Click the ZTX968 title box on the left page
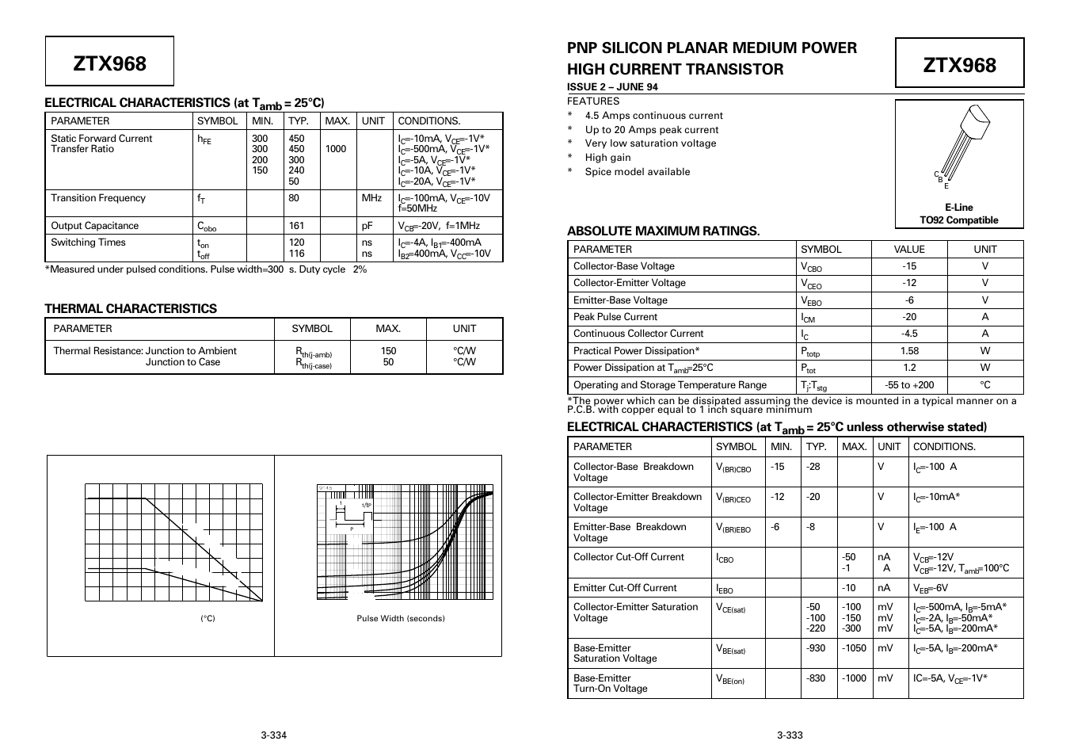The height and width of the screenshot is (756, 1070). click(x=109, y=62)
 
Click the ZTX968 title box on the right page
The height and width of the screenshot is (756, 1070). click(x=959, y=63)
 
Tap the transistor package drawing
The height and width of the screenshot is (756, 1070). click(x=961, y=146)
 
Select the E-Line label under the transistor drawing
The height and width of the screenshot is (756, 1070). click(x=958, y=208)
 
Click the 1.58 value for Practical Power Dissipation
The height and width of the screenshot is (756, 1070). click(x=909, y=351)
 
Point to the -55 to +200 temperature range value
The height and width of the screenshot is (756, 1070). click(x=909, y=385)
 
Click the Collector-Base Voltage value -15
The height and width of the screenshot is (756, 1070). click(x=909, y=266)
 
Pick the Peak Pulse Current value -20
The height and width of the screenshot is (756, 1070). click(x=909, y=317)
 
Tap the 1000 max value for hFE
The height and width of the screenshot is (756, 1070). click(x=336, y=149)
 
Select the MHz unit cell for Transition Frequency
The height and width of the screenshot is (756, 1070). click(x=372, y=198)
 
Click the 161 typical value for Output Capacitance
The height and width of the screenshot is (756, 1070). click(x=297, y=226)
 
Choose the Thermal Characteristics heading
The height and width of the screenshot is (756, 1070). click(x=131, y=309)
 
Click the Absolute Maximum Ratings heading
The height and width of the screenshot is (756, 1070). click(x=663, y=231)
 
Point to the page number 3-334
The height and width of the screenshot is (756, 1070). click(x=273, y=735)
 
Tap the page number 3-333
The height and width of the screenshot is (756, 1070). click(x=790, y=735)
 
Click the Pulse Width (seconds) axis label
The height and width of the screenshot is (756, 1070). click(x=401, y=619)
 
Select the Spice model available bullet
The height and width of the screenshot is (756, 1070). click(x=637, y=172)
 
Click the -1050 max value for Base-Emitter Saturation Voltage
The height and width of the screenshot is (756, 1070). click(x=855, y=648)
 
